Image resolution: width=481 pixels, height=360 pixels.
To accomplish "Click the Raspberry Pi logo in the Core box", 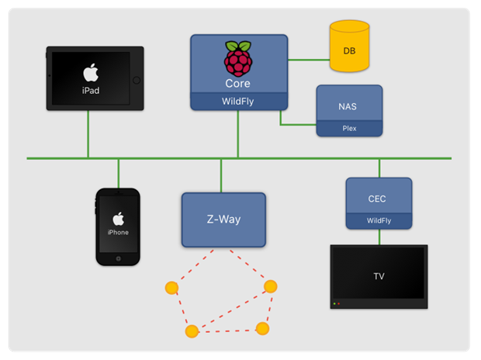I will pos(237,57).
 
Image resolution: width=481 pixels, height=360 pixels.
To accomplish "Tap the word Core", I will pos(237,83).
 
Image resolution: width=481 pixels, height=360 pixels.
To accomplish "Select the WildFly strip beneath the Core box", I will pos(237,101).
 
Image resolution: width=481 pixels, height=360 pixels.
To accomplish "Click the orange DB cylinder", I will pos(350,49).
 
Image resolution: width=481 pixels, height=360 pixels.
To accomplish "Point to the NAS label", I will pos(349,106).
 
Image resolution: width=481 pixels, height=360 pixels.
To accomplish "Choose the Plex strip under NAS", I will pos(349,128).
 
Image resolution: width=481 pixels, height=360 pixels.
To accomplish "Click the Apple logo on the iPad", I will pos(92,73).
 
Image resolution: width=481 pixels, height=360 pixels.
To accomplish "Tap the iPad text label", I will pos(92,91).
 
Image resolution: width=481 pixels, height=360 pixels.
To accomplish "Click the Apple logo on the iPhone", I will pos(118,218).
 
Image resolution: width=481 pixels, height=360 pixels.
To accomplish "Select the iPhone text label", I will pos(118,232).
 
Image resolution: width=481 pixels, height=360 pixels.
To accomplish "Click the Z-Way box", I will pos(223,220).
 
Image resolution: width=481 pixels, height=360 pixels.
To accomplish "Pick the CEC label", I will pos(378,199).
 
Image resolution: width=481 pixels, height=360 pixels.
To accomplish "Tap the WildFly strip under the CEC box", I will pos(378,221).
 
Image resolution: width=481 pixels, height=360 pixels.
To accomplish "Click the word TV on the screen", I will pos(379,275).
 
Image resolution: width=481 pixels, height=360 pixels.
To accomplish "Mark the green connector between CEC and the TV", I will pos(379,237).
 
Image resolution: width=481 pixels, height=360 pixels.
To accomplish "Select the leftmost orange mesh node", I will pos(171,289).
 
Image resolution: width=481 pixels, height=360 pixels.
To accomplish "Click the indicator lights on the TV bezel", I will pos(336,303).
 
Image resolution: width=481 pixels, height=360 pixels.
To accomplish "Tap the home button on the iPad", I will pos(137,79).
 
